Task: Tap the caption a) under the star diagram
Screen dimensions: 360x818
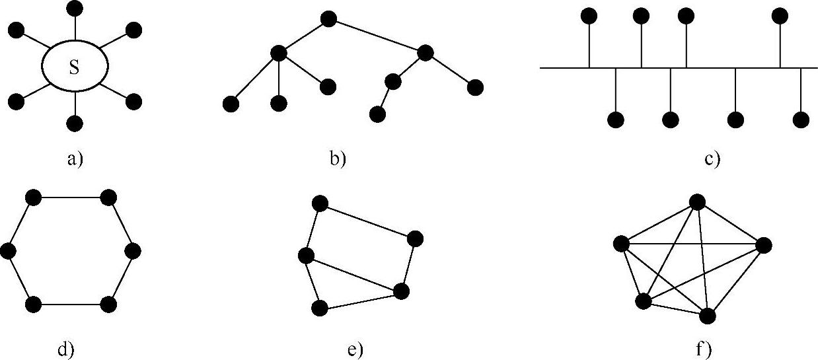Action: [x=75, y=159]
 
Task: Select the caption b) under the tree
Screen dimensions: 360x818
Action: [x=338, y=159]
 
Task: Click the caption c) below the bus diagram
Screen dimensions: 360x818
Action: [x=712, y=159]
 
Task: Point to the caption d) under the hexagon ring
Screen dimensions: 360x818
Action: [x=65, y=349]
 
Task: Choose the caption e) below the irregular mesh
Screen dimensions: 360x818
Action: [x=355, y=349]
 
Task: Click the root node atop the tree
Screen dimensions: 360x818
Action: [x=328, y=18]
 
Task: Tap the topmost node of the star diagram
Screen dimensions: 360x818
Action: [x=75, y=8]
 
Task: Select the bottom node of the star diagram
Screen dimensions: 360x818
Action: [x=75, y=123]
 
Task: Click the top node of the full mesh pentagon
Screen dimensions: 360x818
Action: [x=696, y=201]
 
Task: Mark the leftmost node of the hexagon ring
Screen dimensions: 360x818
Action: [x=8, y=251]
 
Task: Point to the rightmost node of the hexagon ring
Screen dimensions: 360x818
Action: [x=133, y=251]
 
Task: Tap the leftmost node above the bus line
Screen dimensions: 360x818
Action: [x=589, y=15]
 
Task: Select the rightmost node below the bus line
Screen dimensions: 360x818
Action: [x=801, y=120]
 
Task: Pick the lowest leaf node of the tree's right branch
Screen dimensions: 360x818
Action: [x=377, y=114]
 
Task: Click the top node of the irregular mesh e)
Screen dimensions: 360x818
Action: [x=320, y=203]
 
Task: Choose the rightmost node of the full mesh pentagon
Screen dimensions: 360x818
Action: [x=763, y=246]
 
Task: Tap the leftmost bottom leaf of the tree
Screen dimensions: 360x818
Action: [x=231, y=104]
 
